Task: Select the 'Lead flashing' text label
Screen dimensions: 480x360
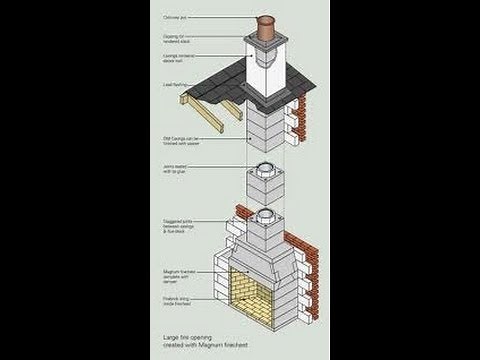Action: coord(175,85)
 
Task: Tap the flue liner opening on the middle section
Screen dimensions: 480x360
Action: coord(265,169)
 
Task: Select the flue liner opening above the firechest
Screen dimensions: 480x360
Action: coord(265,216)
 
